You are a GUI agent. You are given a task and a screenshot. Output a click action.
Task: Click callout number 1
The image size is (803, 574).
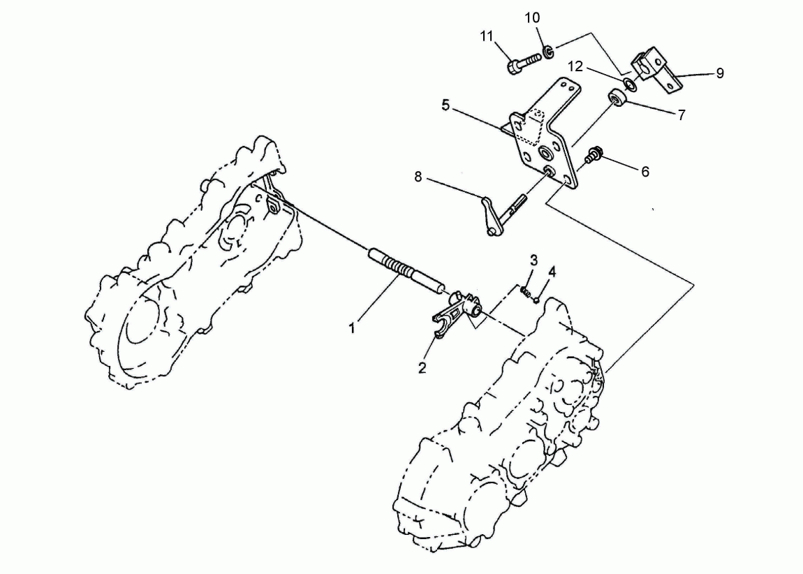(x=353, y=328)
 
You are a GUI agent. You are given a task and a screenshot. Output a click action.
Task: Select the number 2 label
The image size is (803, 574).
(x=422, y=367)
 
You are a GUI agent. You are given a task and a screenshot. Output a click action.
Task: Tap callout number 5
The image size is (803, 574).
(x=445, y=105)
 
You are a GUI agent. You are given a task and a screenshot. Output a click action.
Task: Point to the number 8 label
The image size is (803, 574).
(x=418, y=177)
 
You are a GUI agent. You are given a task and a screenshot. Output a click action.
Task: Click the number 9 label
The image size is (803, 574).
(x=720, y=73)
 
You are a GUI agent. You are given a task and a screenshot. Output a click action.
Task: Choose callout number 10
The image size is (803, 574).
(x=532, y=18)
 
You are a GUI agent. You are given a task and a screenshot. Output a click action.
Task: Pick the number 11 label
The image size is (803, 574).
(x=487, y=36)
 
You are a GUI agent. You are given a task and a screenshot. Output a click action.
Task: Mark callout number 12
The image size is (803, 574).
(x=575, y=66)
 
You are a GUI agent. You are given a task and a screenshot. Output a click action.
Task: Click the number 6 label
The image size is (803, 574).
(x=645, y=172)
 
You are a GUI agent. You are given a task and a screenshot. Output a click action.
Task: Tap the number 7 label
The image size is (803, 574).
(x=682, y=115)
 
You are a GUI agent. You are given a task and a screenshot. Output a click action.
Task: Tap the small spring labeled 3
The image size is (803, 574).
(x=525, y=291)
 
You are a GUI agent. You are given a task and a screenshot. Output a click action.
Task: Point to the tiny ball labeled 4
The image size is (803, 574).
(x=536, y=300)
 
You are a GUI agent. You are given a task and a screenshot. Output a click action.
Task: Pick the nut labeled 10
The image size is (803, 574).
(x=548, y=51)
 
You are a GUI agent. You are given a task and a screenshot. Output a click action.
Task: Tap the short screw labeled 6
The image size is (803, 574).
(x=594, y=155)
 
